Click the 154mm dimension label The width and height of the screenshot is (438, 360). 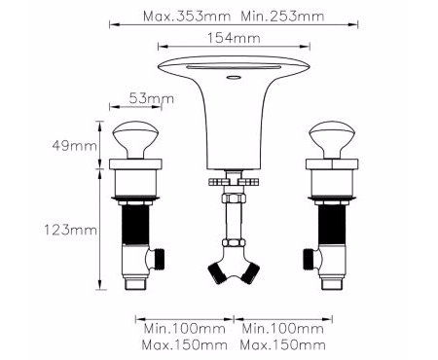tap(234, 38)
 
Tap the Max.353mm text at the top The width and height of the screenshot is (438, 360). tap(187, 17)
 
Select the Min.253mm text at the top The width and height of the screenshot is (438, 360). tap(282, 17)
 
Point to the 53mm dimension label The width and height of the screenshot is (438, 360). tap(151, 98)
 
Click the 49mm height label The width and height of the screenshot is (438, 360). tap(74, 146)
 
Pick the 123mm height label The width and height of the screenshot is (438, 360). tap(70, 231)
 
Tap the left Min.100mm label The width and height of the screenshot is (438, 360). tap(185, 329)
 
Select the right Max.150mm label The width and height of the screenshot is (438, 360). tap(282, 344)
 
